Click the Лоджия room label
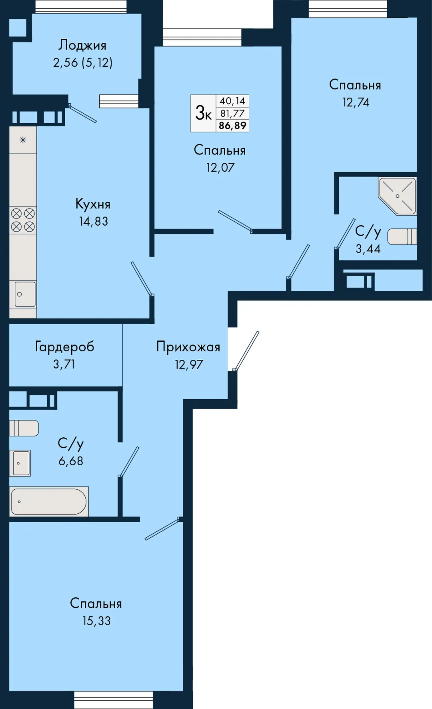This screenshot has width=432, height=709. click(x=82, y=45)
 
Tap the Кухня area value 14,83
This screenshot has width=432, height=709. click(x=94, y=221)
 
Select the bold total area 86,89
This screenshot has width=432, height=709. click(x=232, y=126)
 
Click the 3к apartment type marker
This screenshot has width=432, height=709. click(x=203, y=113)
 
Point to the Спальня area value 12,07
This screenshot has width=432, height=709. click(x=220, y=167)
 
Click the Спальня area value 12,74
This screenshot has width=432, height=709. click(x=356, y=102)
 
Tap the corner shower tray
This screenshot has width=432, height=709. click(x=398, y=196)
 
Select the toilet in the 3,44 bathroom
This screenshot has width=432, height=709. click(x=402, y=236)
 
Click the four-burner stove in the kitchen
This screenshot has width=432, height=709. click(x=23, y=220)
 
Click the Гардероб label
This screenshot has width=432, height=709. click(x=65, y=346)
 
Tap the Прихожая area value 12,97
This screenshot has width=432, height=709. click(x=189, y=365)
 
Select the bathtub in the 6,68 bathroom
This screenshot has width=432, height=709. click(x=49, y=501)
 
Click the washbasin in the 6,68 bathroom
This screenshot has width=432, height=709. click(x=21, y=463)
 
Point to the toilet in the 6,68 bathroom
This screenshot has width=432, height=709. click(x=24, y=428)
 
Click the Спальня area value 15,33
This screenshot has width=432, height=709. click(x=96, y=621)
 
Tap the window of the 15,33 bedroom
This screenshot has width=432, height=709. click(x=114, y=700)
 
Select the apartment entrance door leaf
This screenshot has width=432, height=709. click(x=246, y=351)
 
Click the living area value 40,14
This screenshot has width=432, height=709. click(x=232, y=101)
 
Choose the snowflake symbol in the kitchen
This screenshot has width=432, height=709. click(x=23, y=140)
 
